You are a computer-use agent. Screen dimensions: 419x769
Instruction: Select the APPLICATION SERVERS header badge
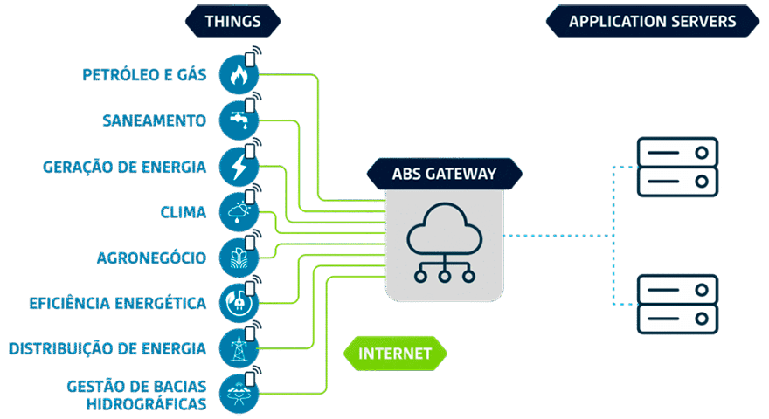click(x=652, y=21)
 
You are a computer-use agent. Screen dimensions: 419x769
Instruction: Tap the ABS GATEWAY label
click(x=444, y=173)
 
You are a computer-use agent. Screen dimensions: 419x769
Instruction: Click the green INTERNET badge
click(x=395, y=354)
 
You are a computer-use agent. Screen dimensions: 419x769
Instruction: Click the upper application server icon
click(x=677, y=167)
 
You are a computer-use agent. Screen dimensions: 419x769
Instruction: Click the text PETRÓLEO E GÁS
click(x=145, y=75)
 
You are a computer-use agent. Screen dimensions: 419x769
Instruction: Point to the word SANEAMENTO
click(x=154, y=120)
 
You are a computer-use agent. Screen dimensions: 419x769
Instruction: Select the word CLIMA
click(x=184, y=211)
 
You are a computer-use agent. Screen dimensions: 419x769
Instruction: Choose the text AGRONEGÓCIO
click(x=151, y=258)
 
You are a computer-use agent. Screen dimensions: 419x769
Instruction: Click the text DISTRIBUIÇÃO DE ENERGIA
click(x=107, y=348)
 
